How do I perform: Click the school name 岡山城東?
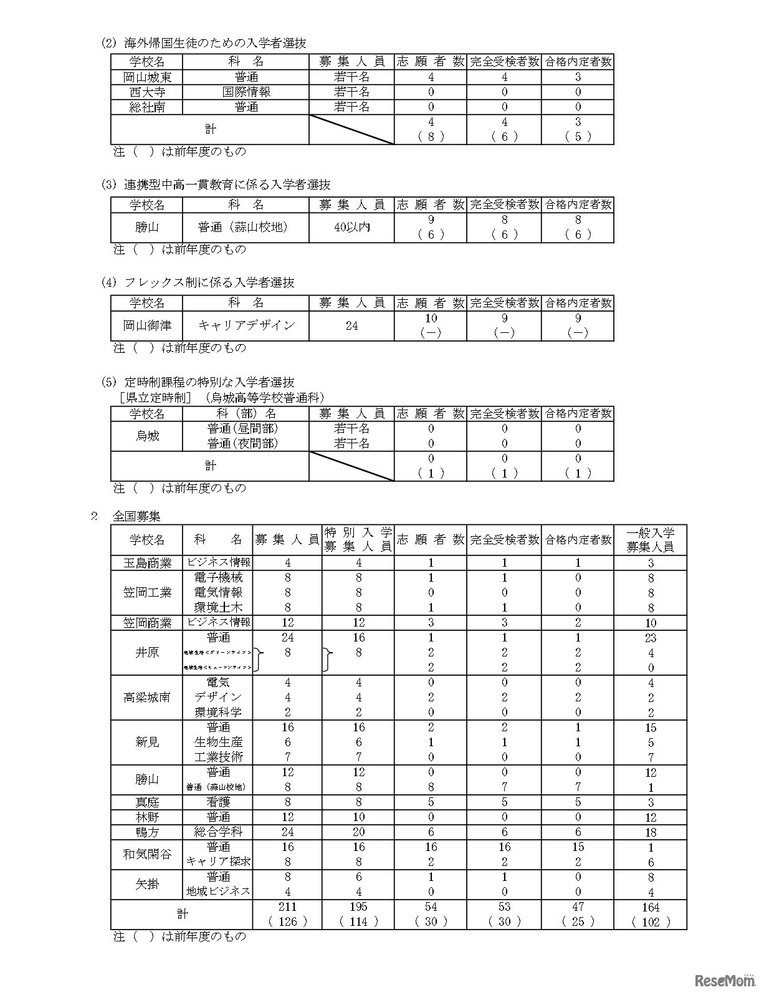(x=147, y=77)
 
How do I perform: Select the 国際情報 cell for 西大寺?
(x=246, y=92)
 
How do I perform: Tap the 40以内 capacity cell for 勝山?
(x=352, y=228)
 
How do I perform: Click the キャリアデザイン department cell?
(x=246, y=325)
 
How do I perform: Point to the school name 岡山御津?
(x=147, y=325)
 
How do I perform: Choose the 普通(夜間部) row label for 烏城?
(x=242, y=444)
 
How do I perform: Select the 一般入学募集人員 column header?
(x=650, y=540)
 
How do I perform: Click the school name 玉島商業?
(x=147, y=564)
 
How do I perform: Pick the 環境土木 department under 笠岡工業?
(x=218, y=608)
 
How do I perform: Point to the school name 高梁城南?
(x=147, y=698)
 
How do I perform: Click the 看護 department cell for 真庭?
(x=218, y=802)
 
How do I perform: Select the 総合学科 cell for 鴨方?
(x=218, y=832)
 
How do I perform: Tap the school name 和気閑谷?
(x=147, y=854)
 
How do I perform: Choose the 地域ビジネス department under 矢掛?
(x=218, y=892)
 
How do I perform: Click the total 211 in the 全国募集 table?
(x=287, y=908)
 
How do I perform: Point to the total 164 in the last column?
(x=650, y=908)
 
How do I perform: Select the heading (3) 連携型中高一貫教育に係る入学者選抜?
(x=216, y=185)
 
